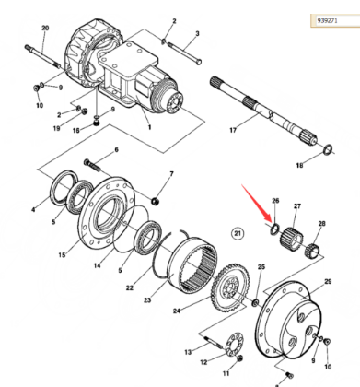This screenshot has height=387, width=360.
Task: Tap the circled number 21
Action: (238, 234)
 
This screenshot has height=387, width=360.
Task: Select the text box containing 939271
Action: (335, 20)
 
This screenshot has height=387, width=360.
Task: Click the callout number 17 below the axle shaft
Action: (233, 130)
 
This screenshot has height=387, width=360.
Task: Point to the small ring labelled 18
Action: (329, 149)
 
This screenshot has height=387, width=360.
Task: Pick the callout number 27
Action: (297, 206)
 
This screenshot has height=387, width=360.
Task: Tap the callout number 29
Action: (328, 281)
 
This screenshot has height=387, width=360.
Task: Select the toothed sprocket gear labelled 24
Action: (229, 287)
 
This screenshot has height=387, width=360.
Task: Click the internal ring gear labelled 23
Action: (192, 265)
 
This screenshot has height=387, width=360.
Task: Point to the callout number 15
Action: (62, 254)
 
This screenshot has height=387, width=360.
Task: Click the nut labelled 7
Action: (156, 202)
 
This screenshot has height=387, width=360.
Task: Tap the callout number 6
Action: (116, 150)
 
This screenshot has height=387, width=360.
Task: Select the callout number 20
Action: (45, 28)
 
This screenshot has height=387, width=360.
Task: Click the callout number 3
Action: (197, 33)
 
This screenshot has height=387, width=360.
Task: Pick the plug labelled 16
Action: (97, 123)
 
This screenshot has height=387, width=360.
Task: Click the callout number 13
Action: (188, 352)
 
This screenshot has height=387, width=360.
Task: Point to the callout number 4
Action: (33, 210)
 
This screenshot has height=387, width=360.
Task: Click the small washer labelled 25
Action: (255, 303)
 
